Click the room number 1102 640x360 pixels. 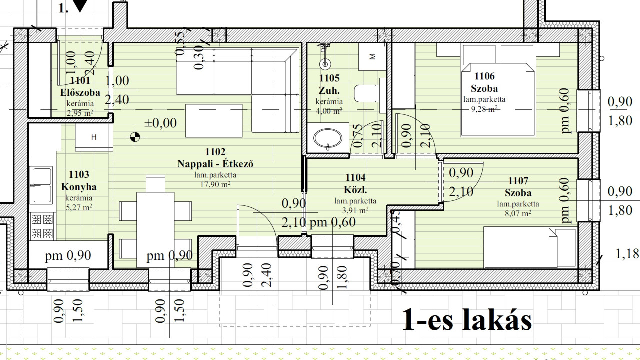point(215,151)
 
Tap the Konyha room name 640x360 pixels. point(79,187)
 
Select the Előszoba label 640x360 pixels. point(80,92)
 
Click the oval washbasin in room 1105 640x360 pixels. point(327,138)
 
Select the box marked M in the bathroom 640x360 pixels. point(372,57)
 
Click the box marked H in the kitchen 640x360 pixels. point(94,137)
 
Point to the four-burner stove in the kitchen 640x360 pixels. point(42,226)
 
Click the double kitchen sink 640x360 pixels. point(41,185)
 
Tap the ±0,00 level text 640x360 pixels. point(160,123)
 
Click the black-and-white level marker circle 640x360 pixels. point(135,137)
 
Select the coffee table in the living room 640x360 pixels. point(214,121)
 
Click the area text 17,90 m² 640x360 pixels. point(215,184)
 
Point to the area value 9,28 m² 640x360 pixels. point(484,109)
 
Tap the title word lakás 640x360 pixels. point(496,319)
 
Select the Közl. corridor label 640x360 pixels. point(355,190)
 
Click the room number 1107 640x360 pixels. point(518,181)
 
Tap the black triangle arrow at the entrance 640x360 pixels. point(80,5)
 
